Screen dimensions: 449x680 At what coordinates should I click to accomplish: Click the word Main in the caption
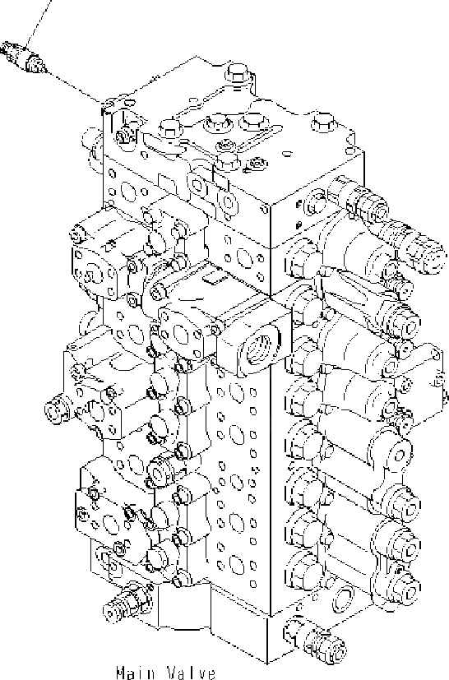pos(136,673)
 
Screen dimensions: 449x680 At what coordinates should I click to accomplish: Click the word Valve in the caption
pos(192,673)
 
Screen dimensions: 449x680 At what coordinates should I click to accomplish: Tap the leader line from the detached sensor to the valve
pos(74,86)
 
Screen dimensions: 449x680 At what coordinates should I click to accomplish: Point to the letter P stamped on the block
pos(299,225)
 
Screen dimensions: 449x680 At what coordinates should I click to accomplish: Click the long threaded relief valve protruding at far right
pos(419,247)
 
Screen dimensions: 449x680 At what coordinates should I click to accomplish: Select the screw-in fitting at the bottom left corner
pos(127,604)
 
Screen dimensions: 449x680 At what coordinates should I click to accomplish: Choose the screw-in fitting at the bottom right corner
pos(316,641)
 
